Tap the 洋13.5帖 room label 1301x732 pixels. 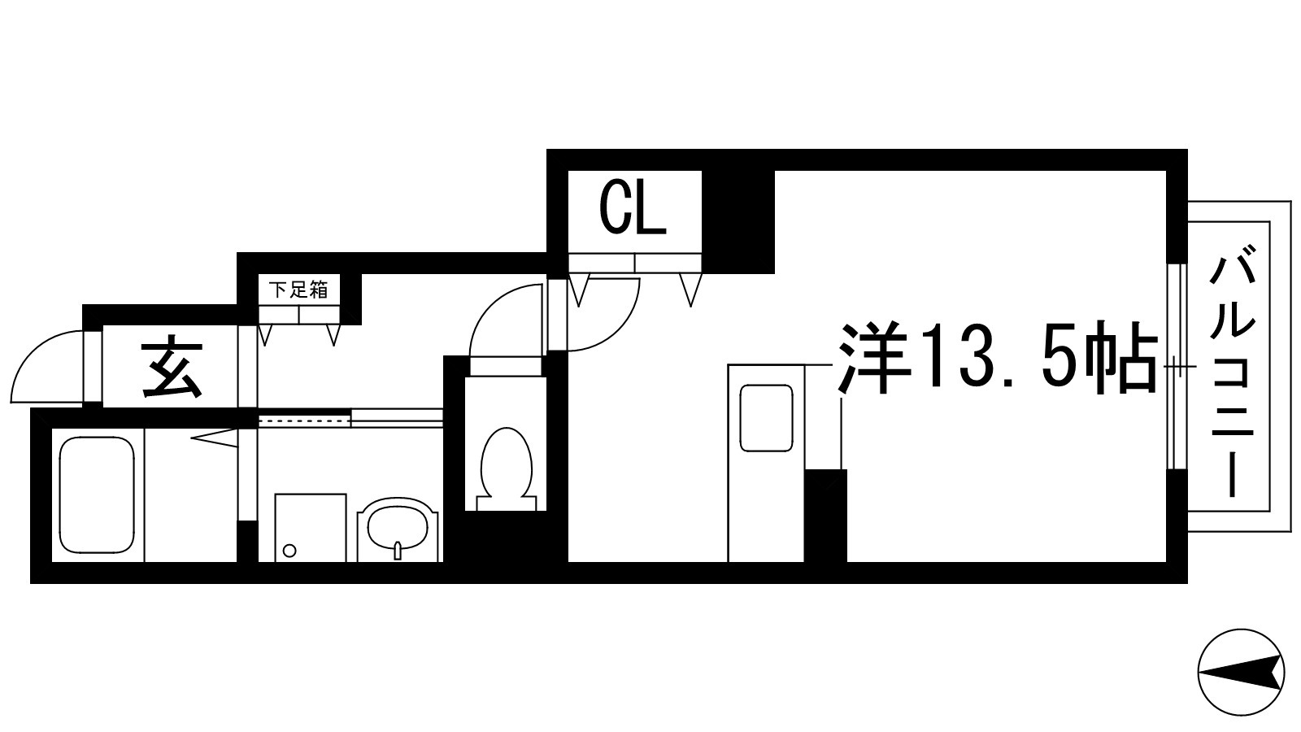997,358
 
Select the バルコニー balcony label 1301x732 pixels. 1233,374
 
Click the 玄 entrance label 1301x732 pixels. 172,370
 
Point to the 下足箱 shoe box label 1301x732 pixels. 298,290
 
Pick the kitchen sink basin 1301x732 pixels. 765,418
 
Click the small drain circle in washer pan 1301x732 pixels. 289,551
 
